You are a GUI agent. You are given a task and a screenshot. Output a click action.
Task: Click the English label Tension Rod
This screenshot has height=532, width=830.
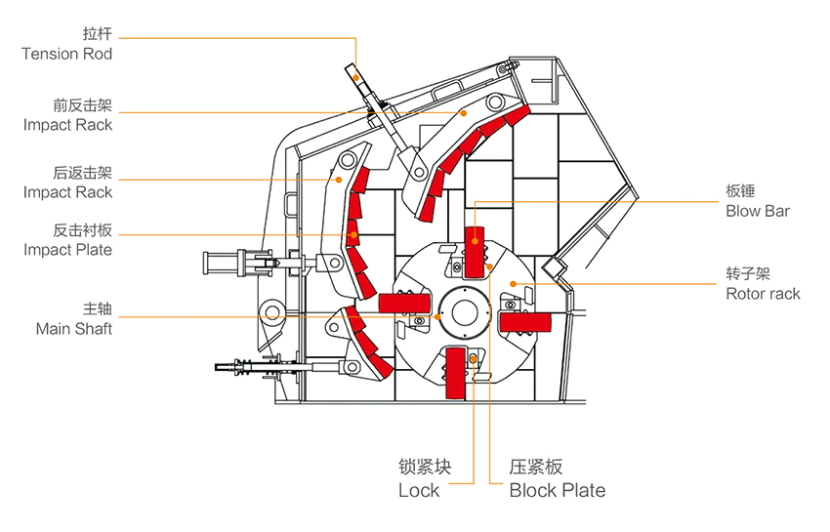(x=66, y=54)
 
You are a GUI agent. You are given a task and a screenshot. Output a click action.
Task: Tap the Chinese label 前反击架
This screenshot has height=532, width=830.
(x=83, y=105)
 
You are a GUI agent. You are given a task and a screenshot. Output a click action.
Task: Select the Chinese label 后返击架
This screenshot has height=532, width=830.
(x=83, y=173)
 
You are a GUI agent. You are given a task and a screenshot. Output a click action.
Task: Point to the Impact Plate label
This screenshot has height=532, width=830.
(x=67, y=250)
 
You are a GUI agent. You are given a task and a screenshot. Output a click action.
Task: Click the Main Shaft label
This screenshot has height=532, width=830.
(x=74, y=329)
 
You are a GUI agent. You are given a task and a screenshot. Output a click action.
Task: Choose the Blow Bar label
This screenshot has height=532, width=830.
(x=758, y=211)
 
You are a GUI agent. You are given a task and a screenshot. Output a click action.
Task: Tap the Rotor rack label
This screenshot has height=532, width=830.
(x=763, y=294)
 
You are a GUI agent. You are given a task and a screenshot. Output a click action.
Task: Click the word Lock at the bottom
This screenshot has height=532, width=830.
(x=419, y=491)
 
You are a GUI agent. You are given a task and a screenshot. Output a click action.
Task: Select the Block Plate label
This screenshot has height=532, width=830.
(x=558, y=491)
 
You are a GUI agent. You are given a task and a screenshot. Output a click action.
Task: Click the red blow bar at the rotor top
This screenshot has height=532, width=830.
(x=475, y=252)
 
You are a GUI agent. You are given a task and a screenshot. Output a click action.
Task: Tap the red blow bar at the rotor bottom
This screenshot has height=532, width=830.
(x=456, y=373)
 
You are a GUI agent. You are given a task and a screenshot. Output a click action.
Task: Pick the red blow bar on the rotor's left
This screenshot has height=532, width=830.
(x=404, y=304)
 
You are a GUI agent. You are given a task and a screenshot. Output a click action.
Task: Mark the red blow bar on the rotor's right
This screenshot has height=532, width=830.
(x=525, y=322)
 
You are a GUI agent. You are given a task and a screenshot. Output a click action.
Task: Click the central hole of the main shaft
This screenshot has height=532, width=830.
(x=465, y=312)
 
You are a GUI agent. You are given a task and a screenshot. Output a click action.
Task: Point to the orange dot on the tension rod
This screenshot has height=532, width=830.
(x=356, y=78)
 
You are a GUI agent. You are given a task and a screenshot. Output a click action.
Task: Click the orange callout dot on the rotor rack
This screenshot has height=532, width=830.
(x=513, y=284)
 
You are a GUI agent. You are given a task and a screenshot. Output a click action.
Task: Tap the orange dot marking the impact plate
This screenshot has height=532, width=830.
(x=353, y=235)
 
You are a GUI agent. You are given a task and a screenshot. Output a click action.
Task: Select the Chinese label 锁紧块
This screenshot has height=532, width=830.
(x=425, y=467)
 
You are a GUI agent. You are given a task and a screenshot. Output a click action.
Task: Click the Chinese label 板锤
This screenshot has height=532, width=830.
(x=740, y=191)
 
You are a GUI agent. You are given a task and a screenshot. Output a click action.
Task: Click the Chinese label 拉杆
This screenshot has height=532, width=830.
(x=98, y=34)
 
